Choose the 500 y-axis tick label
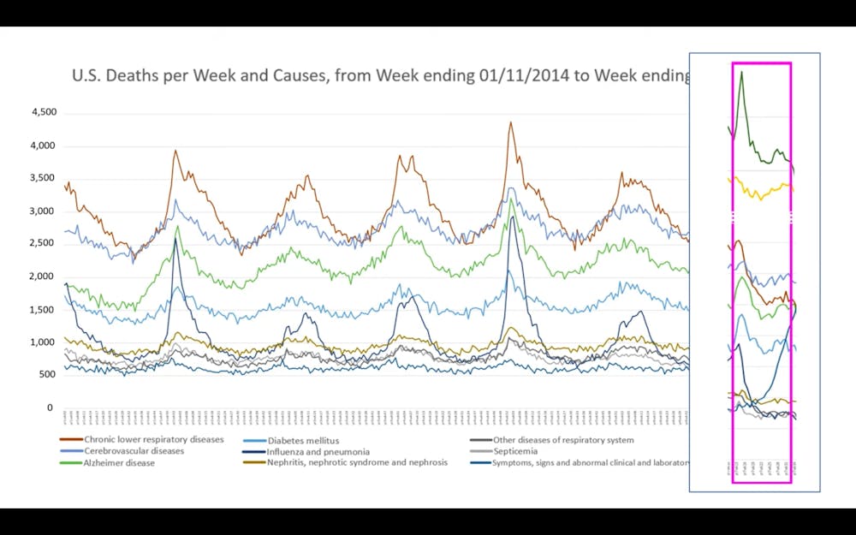pos(48,375)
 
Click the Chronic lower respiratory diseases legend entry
pos(153,440)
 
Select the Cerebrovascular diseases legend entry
pos(134,451)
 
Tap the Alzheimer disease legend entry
pos(119,463)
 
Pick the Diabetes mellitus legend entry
pos(302,440)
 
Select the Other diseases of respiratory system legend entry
pos(563,440)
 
